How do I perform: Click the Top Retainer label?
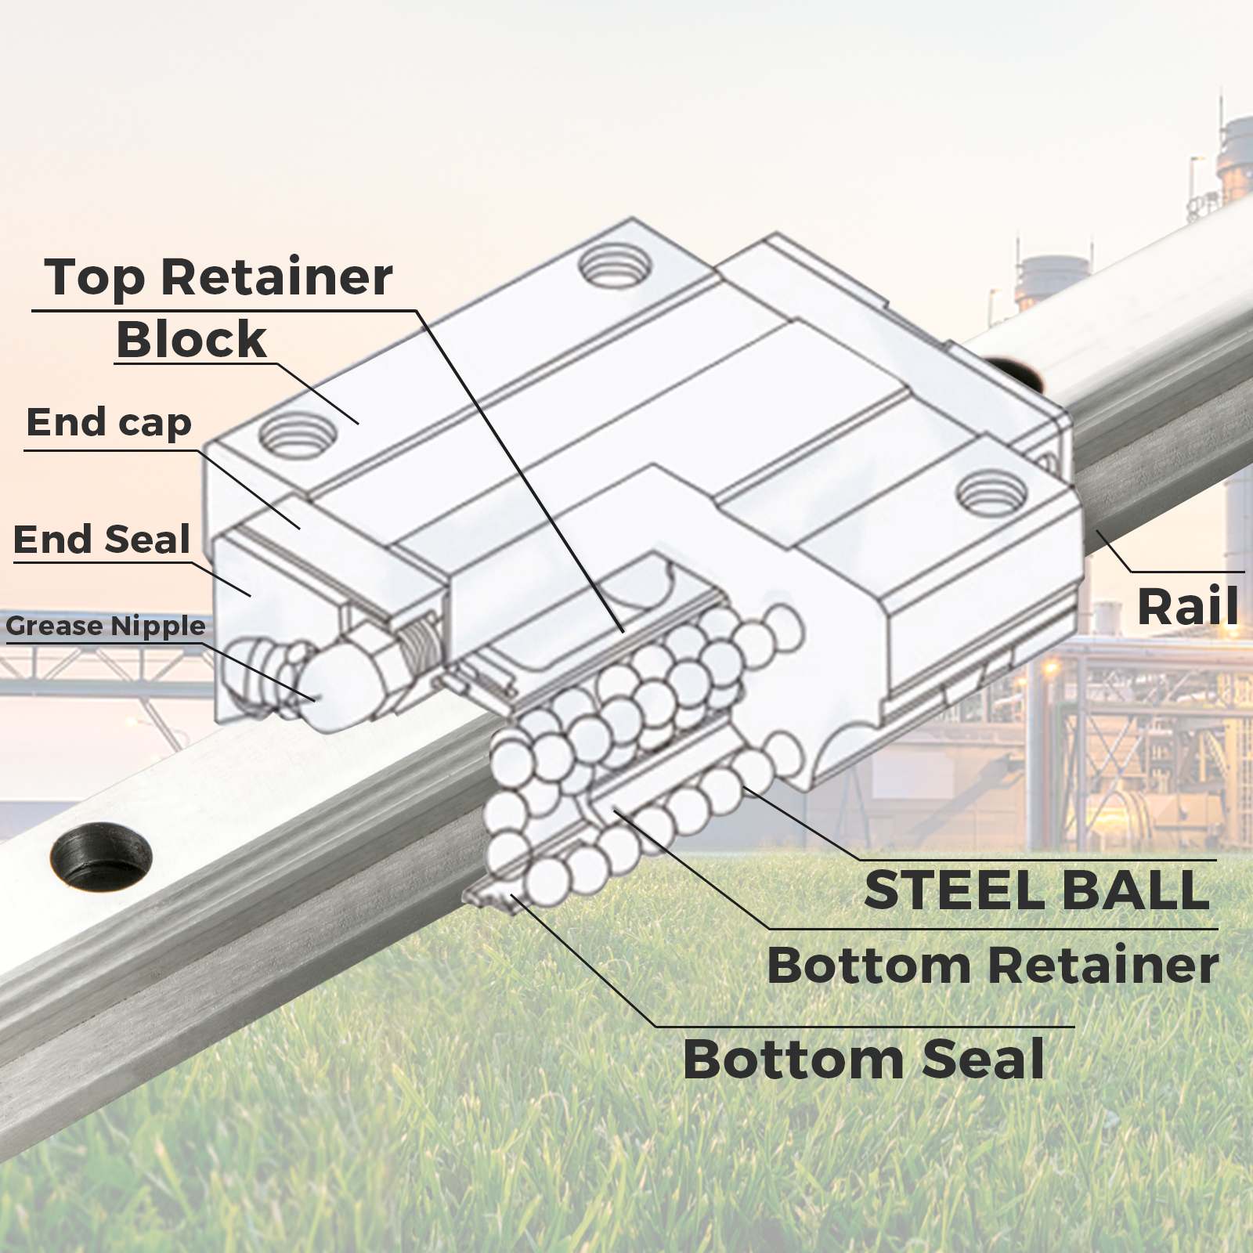(218, 277)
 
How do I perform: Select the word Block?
(192, 339)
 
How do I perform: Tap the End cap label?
(109, 423)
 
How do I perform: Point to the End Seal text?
(102, 540)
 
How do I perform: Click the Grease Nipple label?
(106, 626)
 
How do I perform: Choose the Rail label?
(1187, 606)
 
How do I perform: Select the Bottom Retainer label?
(992, 965)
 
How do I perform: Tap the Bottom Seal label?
(863, 1059)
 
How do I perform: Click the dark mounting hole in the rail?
(101, 856)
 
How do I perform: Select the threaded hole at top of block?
(616, 266)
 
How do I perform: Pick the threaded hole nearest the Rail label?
(991, 493)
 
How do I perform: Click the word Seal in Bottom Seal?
(983, 1059)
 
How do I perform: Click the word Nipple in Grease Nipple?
(157, 626)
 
